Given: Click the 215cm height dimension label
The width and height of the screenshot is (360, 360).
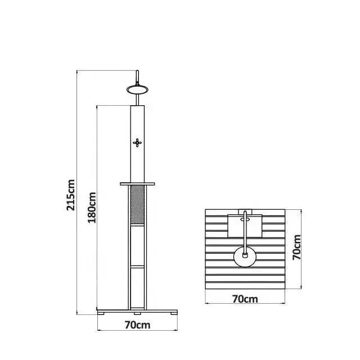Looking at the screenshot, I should tap(71, 195).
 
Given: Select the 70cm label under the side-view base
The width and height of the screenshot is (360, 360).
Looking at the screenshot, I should tap(138, 325).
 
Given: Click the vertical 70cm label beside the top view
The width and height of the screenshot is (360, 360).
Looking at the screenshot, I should tap(297, 248).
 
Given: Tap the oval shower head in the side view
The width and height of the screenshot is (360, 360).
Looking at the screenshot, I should tap(137, 88).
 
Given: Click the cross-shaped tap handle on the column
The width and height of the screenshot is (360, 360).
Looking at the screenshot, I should tap(138, 142).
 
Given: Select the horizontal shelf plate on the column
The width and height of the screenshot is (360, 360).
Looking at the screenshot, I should tap(138, 183).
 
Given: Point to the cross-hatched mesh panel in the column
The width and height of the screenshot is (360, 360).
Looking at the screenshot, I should tap(138, 206).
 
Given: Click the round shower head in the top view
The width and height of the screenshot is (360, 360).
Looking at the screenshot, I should tap(245, 256).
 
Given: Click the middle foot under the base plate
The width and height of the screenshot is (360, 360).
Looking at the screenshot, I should tap(138, 312).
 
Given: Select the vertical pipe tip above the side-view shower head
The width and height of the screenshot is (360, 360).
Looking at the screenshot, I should tap(137, 74).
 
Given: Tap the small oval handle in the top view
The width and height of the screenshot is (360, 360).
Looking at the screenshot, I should tap(245, 220).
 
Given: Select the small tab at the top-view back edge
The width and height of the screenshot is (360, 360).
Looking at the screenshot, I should tap(245, 211).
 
